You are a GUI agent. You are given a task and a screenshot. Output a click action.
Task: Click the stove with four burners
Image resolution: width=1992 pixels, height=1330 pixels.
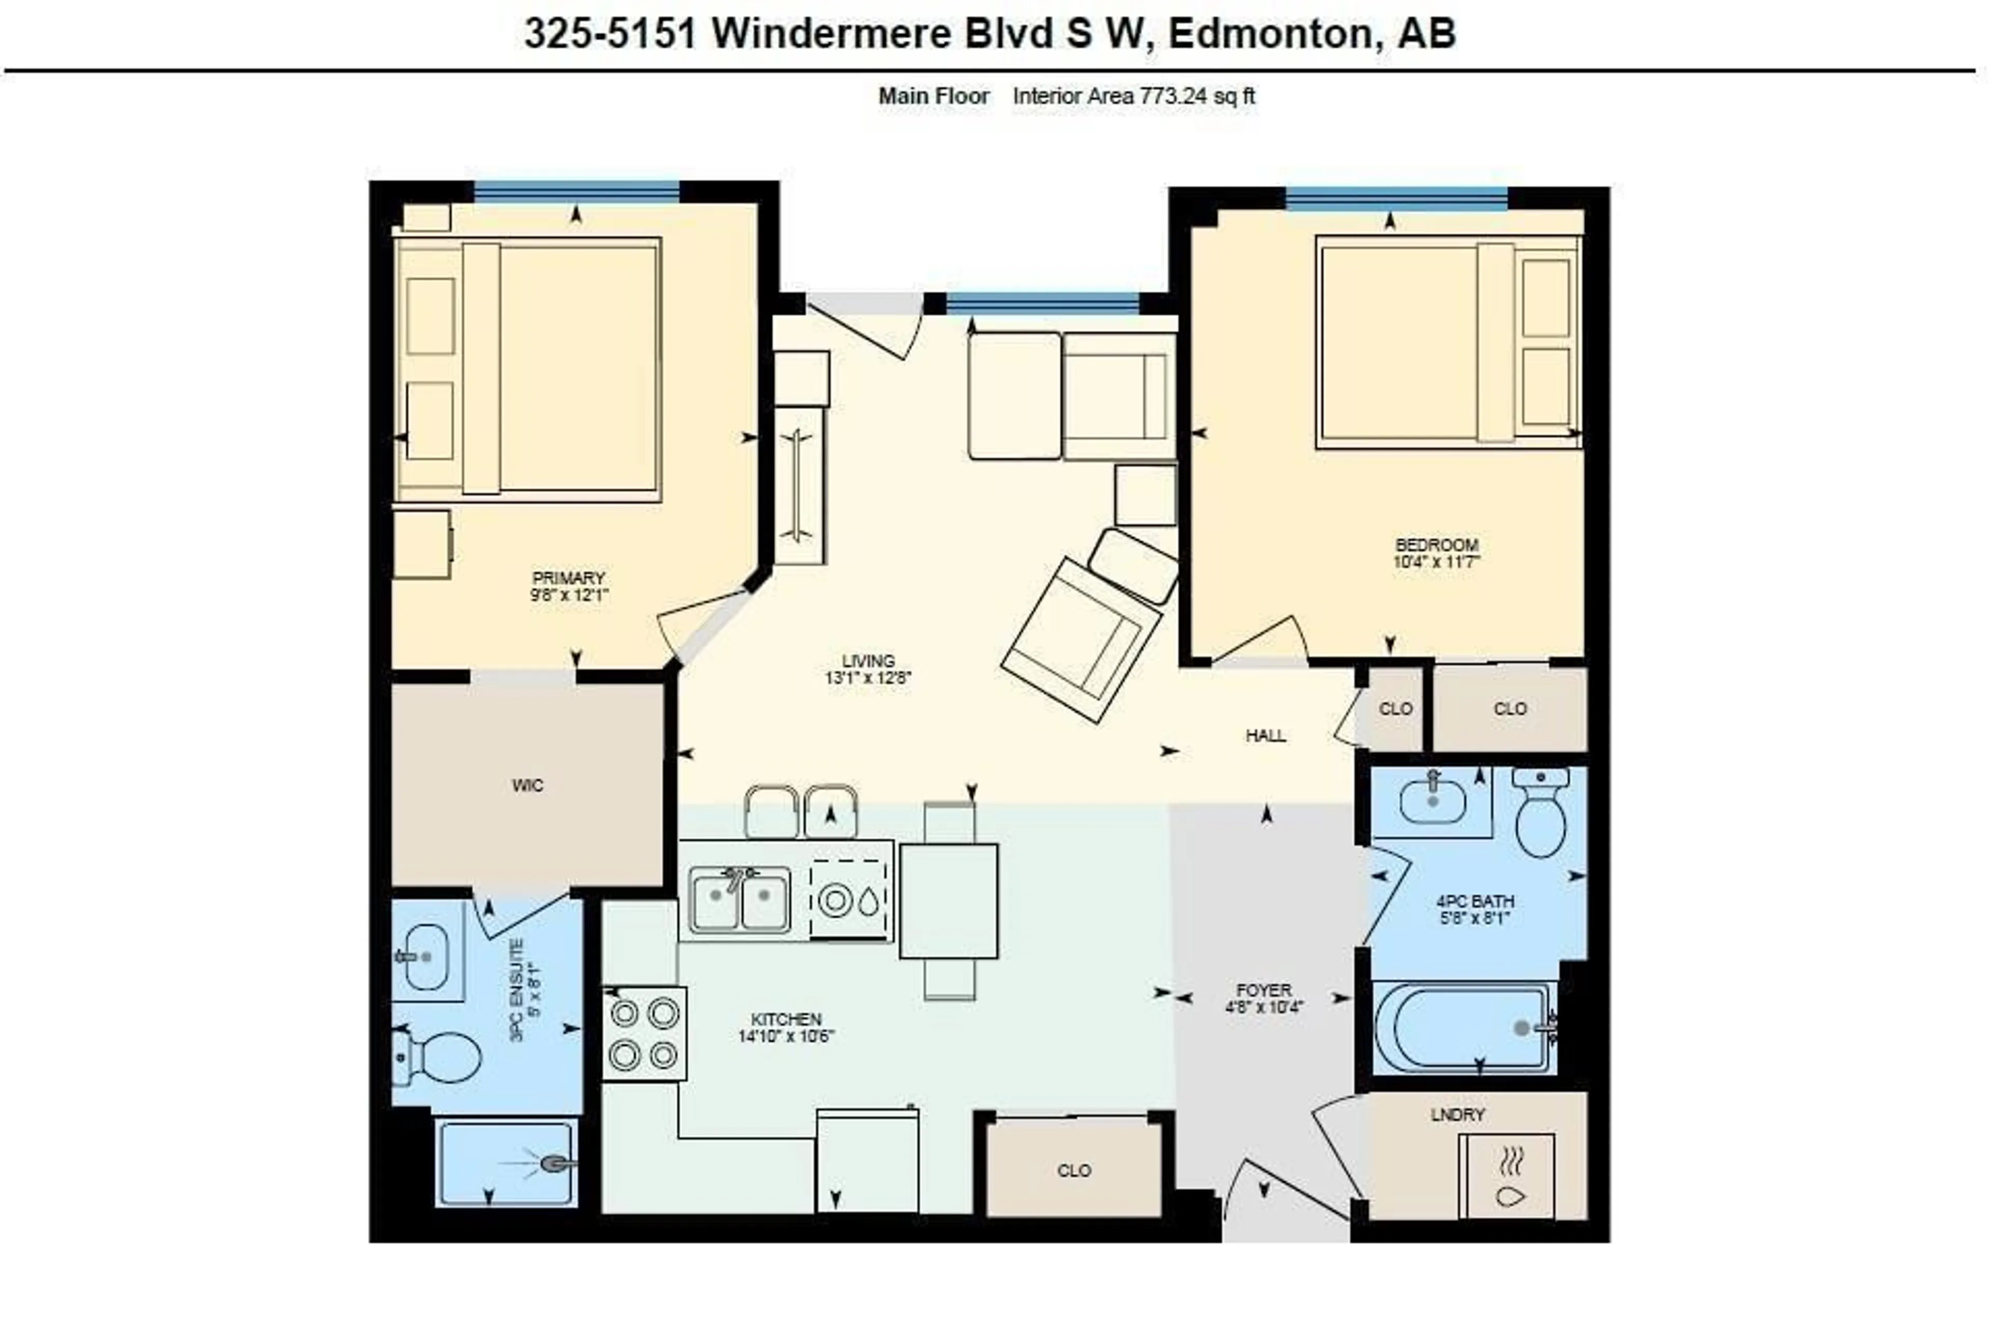[x=644, y=1033]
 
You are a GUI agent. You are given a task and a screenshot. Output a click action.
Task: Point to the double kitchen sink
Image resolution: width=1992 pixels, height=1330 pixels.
[x=739, y=899]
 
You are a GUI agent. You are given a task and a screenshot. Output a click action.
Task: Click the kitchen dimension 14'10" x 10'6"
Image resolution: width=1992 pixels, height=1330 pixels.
[x=786, y=1036]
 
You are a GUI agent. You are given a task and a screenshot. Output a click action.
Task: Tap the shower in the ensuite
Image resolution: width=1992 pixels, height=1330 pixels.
[x=506, y=1161]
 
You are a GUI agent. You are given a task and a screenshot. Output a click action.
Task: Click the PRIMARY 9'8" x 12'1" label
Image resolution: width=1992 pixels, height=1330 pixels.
[x=569, y=586]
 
